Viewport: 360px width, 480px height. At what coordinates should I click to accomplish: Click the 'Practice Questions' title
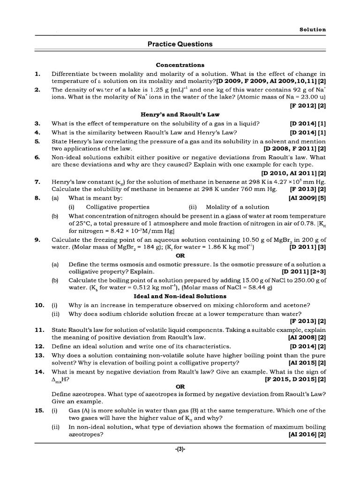pos(180,44)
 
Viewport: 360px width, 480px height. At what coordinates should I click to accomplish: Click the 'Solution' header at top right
pos(313,29)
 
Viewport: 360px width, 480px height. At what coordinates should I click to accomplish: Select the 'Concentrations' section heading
pos(180,65)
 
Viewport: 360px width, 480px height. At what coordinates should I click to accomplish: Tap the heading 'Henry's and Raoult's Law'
pos(180,114)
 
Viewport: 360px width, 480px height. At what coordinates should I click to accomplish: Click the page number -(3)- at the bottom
pos(180,449)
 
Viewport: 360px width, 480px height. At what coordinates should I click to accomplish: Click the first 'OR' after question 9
pos(180,255)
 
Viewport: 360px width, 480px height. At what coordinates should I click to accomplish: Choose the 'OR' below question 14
pos(180,387)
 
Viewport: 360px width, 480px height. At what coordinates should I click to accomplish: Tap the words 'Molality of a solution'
pos(238,207)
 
